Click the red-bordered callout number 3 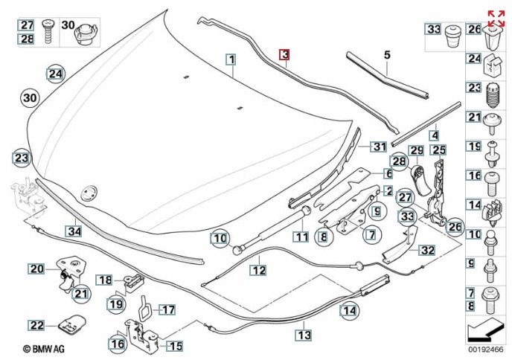click(x=285, y=54)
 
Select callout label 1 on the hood click(x=231, y=59)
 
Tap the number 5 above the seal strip click(x=387, y=54)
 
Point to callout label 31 click(x=380, y=146)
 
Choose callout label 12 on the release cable click(x=257, y=271)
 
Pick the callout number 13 click(x=304, y=335)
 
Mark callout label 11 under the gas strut click(x=300, y=238)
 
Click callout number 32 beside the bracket click(x=426, y=251)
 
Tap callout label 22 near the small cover click(x=36, y=325)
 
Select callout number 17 click(x=168, y=309)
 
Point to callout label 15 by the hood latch click(x=175, y=346)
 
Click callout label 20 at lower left click(x=36, y=269)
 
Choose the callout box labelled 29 click(x=416, y=151)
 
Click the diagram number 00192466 click(x=486, y=348)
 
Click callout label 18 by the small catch click(x=106, y=280)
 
